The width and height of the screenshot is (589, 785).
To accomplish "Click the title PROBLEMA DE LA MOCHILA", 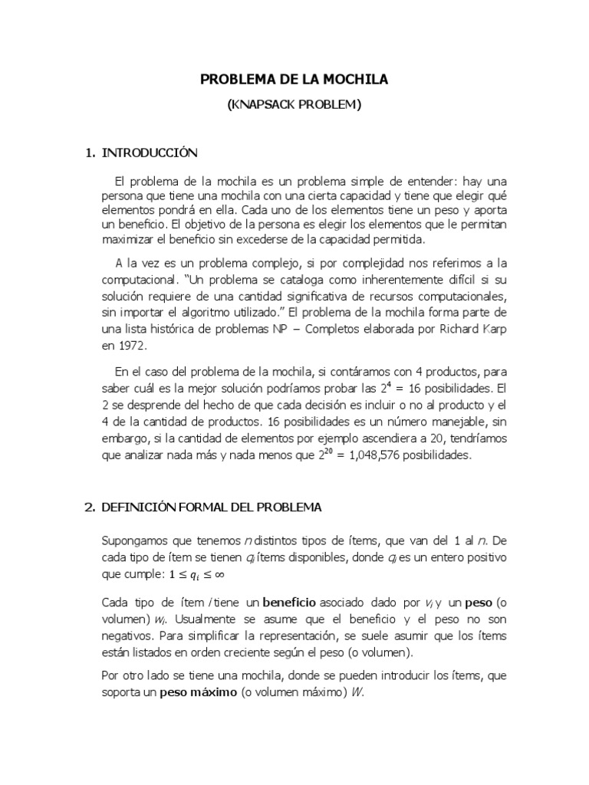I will (x=294, y=79).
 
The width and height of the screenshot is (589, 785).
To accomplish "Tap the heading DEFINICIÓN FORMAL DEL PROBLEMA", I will (x=212, y=507).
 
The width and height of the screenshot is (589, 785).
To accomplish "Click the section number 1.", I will (x=89, y=153).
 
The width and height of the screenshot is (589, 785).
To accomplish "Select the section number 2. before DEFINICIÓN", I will (x=89, y=507).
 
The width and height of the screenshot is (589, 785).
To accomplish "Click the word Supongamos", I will (x=135, y=541).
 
